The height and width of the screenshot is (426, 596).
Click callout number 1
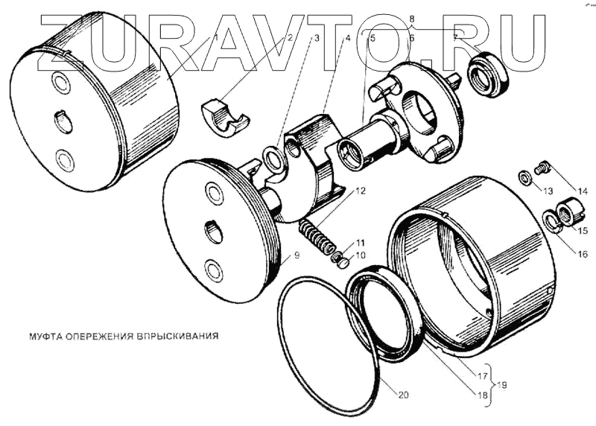[216, 36]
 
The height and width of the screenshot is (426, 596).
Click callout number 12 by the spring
[361, 191]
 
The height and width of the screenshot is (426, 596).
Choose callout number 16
[582, 254]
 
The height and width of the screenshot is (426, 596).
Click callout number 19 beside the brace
[505, 385]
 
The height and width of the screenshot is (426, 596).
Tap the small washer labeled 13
[524, 177]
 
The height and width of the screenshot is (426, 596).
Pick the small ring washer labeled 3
[274, 157]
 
